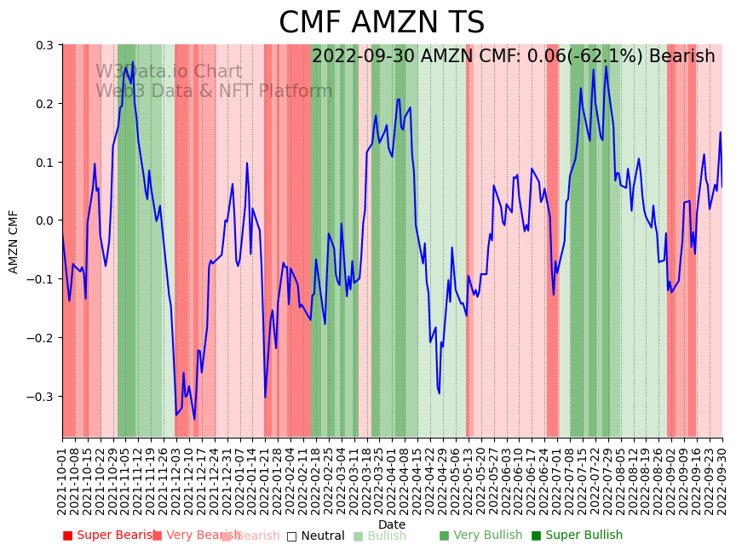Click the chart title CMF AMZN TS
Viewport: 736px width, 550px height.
(x=382, y=23)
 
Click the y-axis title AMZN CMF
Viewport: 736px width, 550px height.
(x=14, y=241)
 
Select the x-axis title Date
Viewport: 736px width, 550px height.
(x=392, y=524)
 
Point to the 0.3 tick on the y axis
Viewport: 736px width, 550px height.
(x=44, y=45)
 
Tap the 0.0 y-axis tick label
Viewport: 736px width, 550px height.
(x=44, y=221)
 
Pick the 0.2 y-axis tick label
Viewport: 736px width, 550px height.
(x=44, y=104)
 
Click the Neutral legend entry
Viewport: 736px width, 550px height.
(x=315, y=536)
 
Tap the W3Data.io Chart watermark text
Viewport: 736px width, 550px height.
(x=169, y=72)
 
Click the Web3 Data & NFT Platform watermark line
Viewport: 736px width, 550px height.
(x=214, y=92)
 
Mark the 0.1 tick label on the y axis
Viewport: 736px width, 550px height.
(x=44, y=163)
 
